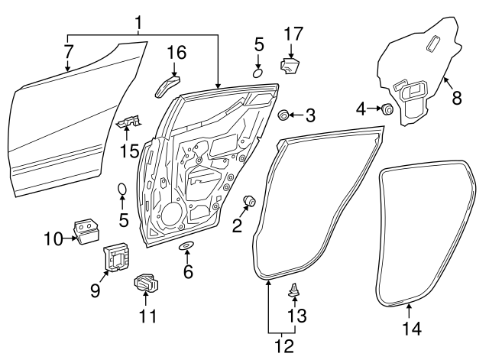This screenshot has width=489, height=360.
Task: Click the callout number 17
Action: [293, 34]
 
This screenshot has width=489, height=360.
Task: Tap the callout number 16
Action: [176, 53]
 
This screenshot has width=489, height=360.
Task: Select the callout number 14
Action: [412, 329]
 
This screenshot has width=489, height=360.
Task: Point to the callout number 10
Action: [52, 239]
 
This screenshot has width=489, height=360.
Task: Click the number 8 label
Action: [457, 98]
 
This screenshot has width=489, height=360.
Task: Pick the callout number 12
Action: [283, 346]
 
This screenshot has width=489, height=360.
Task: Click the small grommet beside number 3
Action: [283, 115]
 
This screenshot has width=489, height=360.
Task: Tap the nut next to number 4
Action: [387, 109]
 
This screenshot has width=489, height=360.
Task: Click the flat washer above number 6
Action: [186, 246]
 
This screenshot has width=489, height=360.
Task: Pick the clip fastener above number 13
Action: [294, 290]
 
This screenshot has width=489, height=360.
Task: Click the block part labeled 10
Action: [86, 229]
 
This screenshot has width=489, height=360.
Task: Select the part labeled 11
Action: [146, 283]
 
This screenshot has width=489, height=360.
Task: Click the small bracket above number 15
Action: [128, 120]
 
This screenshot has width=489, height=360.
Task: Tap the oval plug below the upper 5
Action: [258, 72]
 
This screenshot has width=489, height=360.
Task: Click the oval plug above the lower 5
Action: [121, 189]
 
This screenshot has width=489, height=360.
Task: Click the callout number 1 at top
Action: [139, 24]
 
